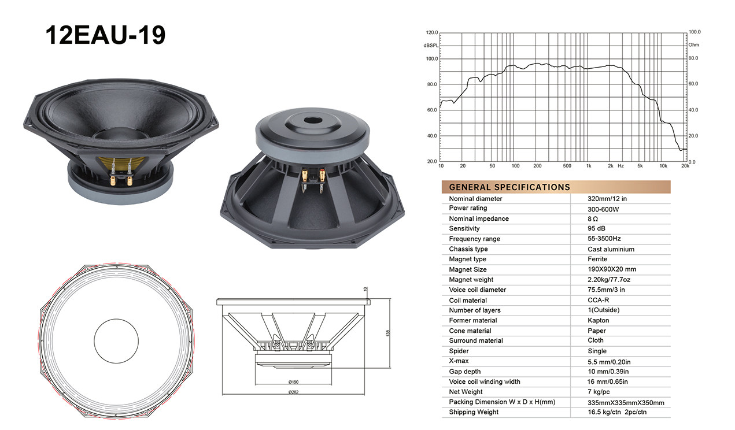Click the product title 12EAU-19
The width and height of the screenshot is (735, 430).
click(105, 35)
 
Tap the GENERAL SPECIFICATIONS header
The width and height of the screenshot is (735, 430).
click(509, 187)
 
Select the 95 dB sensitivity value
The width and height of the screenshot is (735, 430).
click(596, 228)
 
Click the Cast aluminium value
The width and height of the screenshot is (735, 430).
click(611, 249)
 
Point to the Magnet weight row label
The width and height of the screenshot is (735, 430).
click(471, 280)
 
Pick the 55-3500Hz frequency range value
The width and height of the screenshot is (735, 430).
click(604, 239)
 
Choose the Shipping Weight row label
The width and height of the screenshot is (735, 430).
click(474, 412)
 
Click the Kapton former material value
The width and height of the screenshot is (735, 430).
click(598, 320)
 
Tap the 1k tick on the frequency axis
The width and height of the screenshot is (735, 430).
click(589, 166)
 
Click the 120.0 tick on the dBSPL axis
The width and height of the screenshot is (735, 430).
click(432, 32)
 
